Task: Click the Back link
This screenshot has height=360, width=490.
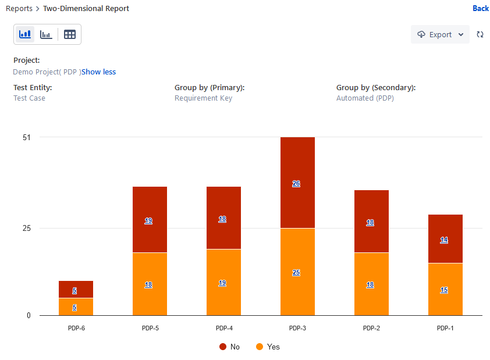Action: click(x=481, y=8)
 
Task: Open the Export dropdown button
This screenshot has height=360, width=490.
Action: click(x=440, y=34)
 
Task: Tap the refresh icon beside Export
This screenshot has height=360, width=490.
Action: click(x=480, y=34)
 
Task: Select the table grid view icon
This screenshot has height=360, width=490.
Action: click(x=70, y=34)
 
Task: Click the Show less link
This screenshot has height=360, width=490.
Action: click(x=98, y=72)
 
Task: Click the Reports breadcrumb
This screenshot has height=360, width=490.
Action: click(x=19, y=8)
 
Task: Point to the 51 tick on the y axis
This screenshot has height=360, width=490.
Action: click(x=27, y=137)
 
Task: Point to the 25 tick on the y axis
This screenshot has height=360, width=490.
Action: click(x=27, y=228)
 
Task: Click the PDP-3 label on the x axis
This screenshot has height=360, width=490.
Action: click(x=297, y=328)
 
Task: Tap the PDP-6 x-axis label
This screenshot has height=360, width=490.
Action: click(x=76, y=328)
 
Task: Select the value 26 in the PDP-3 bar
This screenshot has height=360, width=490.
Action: click(x=296, y=184)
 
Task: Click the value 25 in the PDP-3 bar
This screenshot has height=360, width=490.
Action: click(x=296, y=273)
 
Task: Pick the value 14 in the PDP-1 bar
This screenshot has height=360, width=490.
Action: click(x=444, y=240)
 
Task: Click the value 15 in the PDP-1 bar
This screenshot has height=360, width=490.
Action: click(x=444, y=290)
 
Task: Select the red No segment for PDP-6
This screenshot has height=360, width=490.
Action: click(x=76, y=290)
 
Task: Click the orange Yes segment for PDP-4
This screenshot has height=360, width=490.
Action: click(x=223, y=282)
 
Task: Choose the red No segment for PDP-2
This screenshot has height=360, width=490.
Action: click(x=371, y=222)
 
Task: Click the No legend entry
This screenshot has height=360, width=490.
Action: click(x=230, y=347)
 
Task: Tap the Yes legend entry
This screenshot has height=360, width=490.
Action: click(x=268, y=347)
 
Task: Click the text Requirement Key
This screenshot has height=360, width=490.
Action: click(x=204, y=98)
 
